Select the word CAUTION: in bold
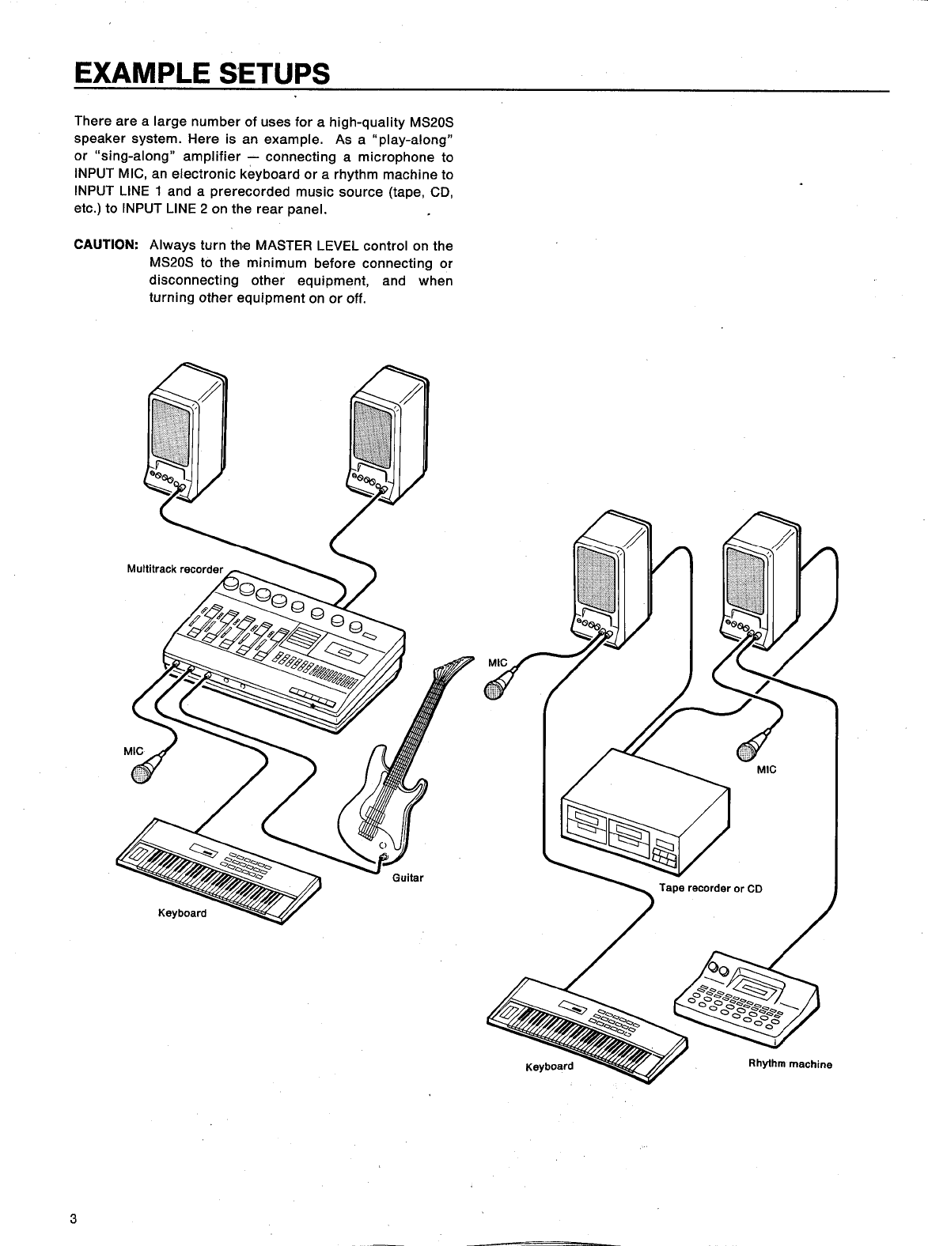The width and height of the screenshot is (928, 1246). tap(106, 245)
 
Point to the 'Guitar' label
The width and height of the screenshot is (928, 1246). tap(408, 878)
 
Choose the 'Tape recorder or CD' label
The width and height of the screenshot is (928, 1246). tap(710, 888)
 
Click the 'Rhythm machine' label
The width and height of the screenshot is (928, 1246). tap(790, 1064)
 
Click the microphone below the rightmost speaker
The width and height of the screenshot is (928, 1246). tap(752, 747)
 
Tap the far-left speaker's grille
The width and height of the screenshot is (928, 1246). tap(169, 431)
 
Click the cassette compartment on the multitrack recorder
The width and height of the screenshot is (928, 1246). tap(346, 652)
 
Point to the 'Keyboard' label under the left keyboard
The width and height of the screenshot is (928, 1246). tap(182, 913)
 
